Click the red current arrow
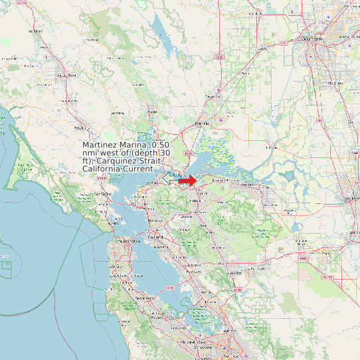pos(188,181)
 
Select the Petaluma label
pos(81,127)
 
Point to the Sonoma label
pos(119,113)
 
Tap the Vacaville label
pos(212,97)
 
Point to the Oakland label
pos(155,236)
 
